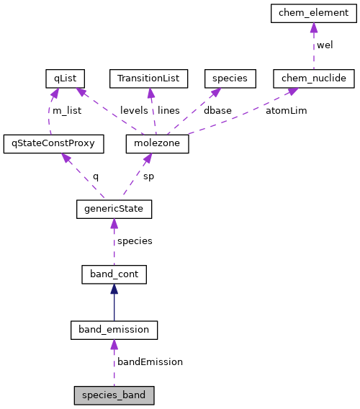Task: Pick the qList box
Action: [65, 77]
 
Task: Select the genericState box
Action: [114, 209]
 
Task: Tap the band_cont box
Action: [114, 274]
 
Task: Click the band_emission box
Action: [114, 330]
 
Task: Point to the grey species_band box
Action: [114, 395]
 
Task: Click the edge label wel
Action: [325, 45]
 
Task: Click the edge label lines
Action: [168, 111]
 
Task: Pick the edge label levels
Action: [134, 111]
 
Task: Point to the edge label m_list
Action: [67, 111]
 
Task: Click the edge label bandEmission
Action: [150, 362]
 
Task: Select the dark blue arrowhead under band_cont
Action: [114, 289]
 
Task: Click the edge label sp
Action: [149, 176]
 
